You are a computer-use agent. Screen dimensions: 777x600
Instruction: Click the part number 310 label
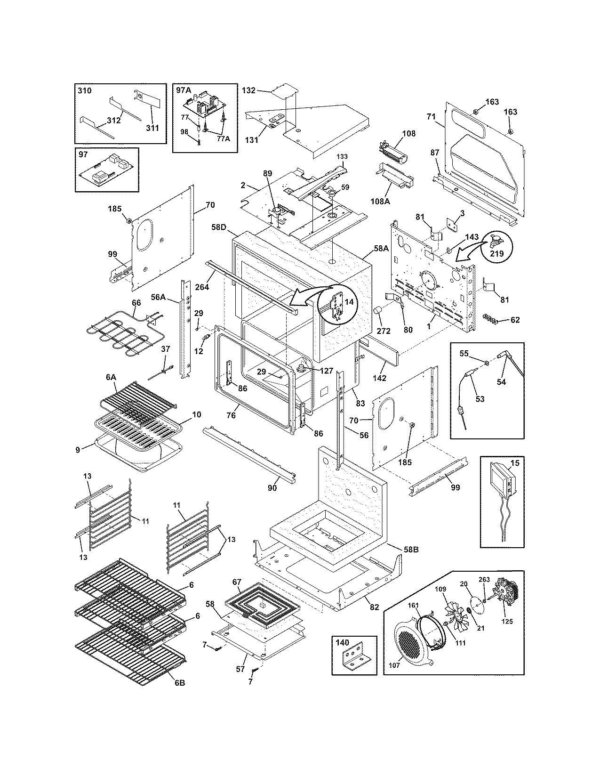(85, 90)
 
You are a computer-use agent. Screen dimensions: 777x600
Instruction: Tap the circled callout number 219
(496, 253)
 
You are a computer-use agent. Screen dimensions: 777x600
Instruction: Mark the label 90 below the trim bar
(272, 488)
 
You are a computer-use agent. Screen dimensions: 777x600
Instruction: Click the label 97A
(184, 90)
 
